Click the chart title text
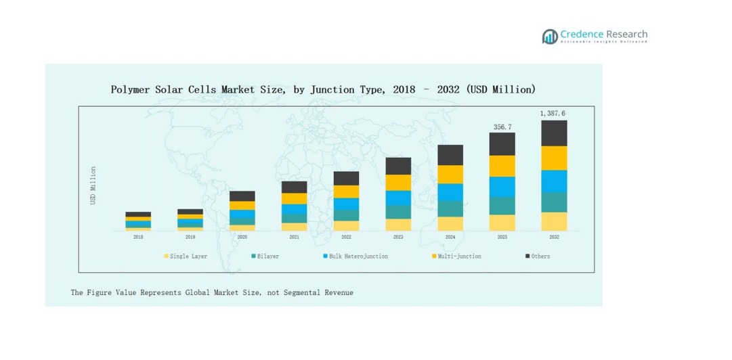(323, 89)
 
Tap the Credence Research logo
(595, 36)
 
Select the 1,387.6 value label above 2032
(553, 114)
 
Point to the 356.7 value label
(502, 127)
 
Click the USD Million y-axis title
(93, 185)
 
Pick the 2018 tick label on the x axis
(138, 237)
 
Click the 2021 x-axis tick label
(294, 237)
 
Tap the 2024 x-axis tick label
(450, 237)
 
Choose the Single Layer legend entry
(187, 256)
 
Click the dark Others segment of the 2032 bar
(554, 133)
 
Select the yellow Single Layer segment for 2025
(502, 223)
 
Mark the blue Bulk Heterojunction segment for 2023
(398, 198)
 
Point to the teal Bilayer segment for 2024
(450, 208)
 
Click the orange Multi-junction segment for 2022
(346, 192)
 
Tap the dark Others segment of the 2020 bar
(242, 196)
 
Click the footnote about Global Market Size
(212, 292)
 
